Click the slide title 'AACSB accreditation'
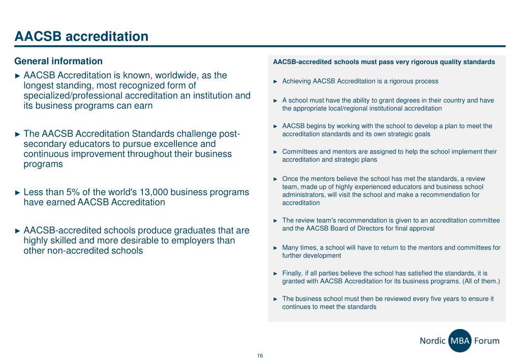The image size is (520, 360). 81,37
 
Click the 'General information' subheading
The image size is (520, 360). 58,62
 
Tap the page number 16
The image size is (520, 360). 260,355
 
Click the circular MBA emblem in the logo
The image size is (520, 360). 460,341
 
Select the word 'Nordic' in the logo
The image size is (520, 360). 433,341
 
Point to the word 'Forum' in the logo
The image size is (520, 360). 486,341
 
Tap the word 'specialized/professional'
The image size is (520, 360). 75,96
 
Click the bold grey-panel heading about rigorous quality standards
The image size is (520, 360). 384,62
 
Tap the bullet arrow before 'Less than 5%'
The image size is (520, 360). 18,193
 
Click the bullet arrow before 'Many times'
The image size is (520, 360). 276,248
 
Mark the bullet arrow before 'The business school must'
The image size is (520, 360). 276,299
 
